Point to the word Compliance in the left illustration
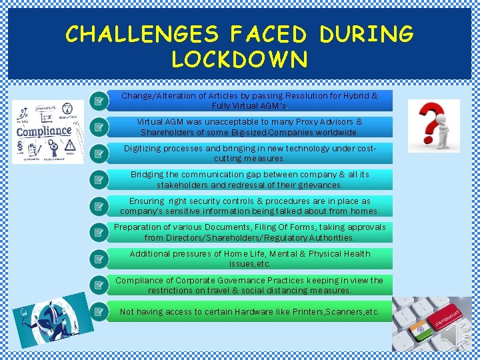point(44,131)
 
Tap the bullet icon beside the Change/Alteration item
point(99,101)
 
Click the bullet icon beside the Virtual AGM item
point(99,127)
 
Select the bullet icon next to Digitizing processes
point(99,153)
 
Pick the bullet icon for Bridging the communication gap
point(99,179)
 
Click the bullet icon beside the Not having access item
point(99,311)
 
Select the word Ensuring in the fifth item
point(146,201)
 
